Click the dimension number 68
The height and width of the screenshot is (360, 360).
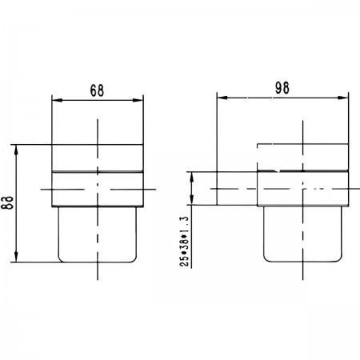click(97, 90)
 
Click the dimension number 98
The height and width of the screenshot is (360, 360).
click(282, 88)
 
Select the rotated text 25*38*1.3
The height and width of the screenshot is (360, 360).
click(185, 242)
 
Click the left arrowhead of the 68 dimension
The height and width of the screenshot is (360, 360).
click(57, 100)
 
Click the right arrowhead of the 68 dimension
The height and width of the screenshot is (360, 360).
click(138, 100)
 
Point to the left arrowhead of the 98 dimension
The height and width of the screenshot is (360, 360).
click(222, 98)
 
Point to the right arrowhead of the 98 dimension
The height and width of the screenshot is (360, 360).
click(343, 98)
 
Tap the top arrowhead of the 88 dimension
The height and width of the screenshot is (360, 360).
click(16, 150)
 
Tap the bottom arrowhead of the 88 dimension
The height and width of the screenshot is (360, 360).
click(16, 257)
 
